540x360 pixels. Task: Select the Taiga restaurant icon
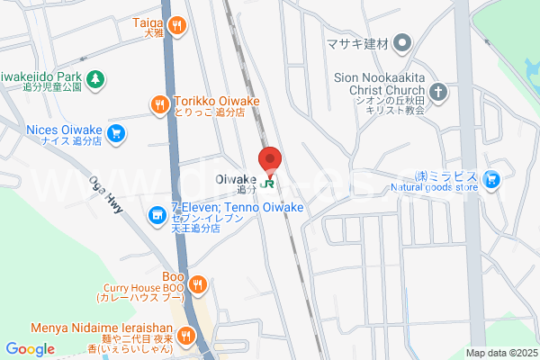click(x=178, y=25)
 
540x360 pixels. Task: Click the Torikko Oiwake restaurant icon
click(x=160, y=104)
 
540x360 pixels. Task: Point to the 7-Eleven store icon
click(x=157, y=215)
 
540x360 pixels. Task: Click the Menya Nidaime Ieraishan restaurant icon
click(x=186, y=336)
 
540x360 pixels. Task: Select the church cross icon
click(x=437, y=91)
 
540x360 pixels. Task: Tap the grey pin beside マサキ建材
click(x=403, y=41)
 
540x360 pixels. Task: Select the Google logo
click(x=31, y=349)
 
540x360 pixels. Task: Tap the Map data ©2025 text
click(x=500, y=353)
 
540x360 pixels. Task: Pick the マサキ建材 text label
click(x=357, y=41)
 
